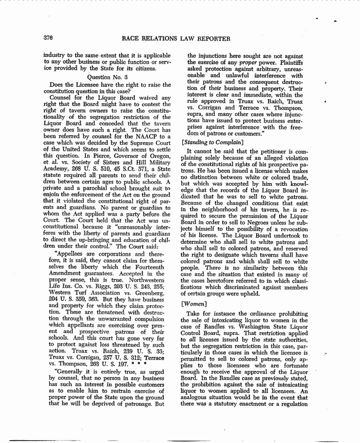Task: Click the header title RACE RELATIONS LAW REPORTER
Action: [176, 39]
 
